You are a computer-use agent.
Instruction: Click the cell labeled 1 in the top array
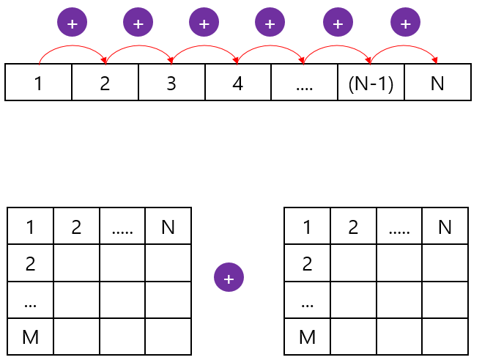click(x=38, y=82)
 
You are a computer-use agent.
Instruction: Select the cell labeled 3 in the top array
click(x=171, y=82)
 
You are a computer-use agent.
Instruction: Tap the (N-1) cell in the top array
click(x=371, y=82)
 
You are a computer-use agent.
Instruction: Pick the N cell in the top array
click(x=437, y=82)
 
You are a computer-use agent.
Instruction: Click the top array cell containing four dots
click(x=304, y=82)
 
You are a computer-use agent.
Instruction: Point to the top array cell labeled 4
click(x=237, y=82)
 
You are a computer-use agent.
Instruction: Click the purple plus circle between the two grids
click(x=229, y=278)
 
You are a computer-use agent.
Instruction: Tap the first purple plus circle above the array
click(x=72, y=23)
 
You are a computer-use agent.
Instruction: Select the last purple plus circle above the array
click(x=405, y=23)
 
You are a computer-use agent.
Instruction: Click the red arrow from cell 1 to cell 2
click(x=72, y=48)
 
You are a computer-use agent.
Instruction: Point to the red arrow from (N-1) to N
click(x=404, y=48)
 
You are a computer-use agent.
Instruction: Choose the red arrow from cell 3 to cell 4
click(x=204, y=48)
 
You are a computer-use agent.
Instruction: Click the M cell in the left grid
click(x=30, y=337)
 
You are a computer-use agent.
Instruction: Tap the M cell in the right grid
click(x=307, y=337)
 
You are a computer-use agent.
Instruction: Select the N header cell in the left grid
click(x=168, y=227)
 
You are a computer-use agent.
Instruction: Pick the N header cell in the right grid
click(x=445, y=227)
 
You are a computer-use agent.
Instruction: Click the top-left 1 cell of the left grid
click(x=30, y=227)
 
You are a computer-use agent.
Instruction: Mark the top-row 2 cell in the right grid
click(x=353, y=227)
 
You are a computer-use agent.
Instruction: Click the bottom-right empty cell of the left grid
click(x=168, y=337)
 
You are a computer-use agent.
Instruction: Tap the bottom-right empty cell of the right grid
click(x=445, y=337)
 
